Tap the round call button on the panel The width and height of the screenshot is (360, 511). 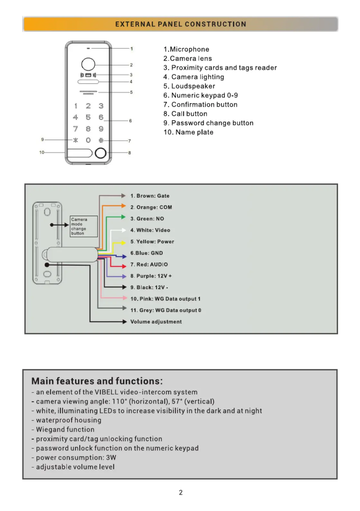[101, 153]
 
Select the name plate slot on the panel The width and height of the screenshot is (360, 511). [79, 153]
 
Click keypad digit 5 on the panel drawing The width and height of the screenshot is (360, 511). [88, 117]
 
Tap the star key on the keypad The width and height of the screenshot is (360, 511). [76, 140]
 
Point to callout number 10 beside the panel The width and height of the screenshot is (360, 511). [42, 152]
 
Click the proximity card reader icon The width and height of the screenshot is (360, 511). [88, 75]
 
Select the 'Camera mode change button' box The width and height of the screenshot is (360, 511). [84, 226]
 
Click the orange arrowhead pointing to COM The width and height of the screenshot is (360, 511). [124, 206]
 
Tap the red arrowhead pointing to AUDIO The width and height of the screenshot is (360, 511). [124, 266]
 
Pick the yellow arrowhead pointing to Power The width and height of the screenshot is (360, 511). [124, 242]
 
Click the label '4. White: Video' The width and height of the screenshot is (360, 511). [150, 230]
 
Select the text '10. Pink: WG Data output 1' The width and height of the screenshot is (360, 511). [165, 299]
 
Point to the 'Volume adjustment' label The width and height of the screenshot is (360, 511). [156, 322]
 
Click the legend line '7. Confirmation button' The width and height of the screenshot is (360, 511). [200, 104]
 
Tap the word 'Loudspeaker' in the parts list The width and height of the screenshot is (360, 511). [193, 86]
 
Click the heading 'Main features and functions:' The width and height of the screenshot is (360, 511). [97, 381]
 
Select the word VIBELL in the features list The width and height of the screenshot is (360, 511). [106, 392]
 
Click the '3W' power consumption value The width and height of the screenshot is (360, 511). [111, 458]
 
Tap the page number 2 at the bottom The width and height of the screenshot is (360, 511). [180, 493]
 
